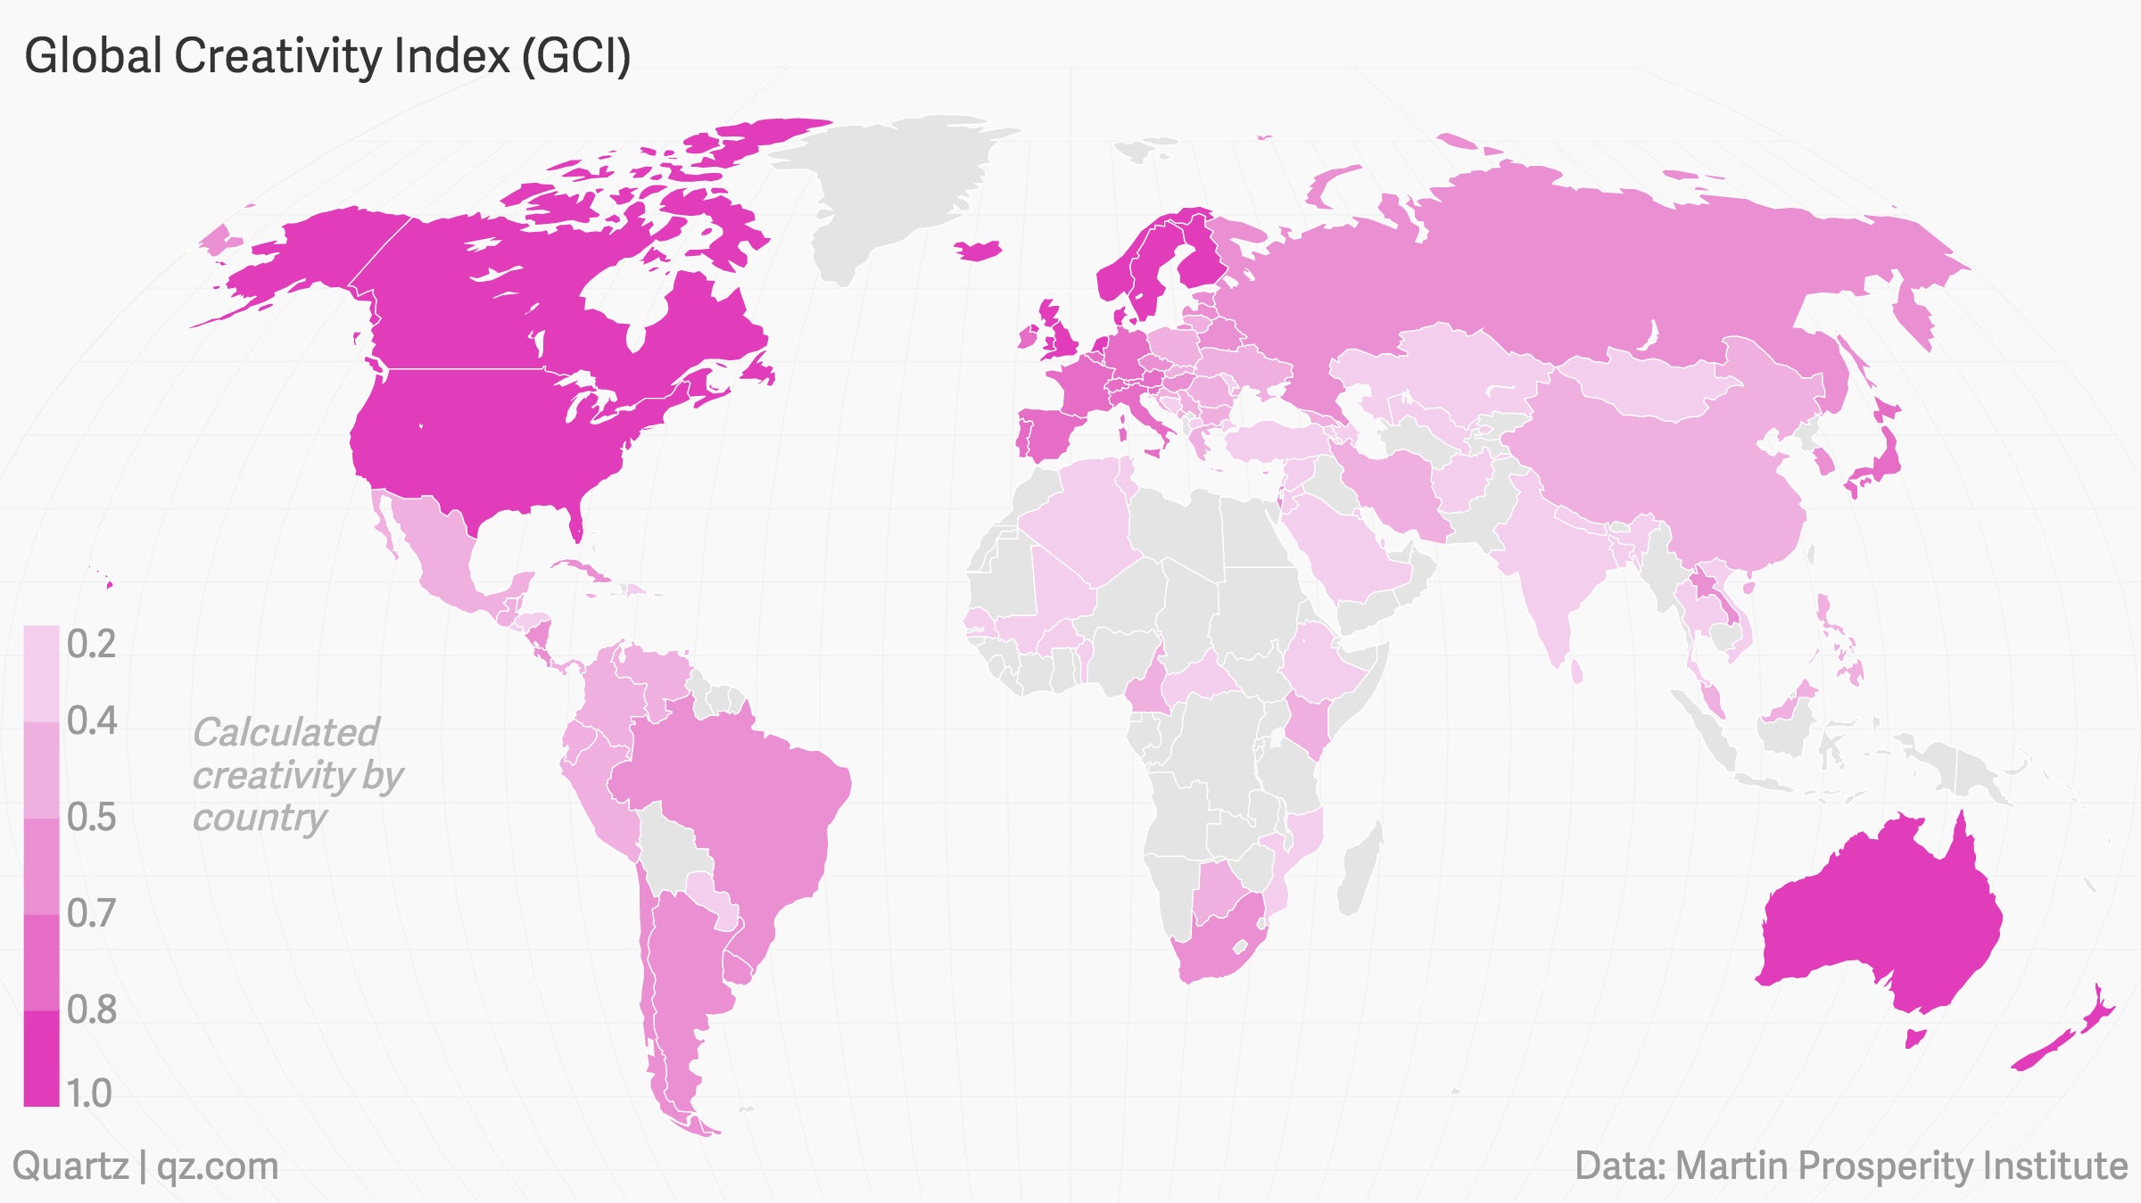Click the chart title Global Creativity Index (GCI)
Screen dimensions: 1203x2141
pyautogui.click(x=327, y=56)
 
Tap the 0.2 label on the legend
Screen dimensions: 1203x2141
pyautogui.click(x=91, y=644)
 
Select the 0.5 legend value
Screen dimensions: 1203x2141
pyautogui.click(x=91, y=817)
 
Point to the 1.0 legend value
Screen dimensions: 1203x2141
pyautogui.click(x=89, y=1093)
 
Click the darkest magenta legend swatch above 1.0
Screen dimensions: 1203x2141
pyautogui.click(x=41, y=1058)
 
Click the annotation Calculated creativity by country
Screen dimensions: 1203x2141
pyautogui.click(x=296, y=774)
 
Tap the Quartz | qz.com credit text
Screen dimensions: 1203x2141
pyautogui.click(x=145, y=1166)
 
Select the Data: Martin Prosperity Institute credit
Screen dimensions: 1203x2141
pyautogui.click(x=1851, y=1166)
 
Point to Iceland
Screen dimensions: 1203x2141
pyautogui.click(x=979, y=251)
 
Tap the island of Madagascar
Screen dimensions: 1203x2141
pyautogui.click(x=1360, y=869)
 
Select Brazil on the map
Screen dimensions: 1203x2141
pyautogui.click(x=740, y=803)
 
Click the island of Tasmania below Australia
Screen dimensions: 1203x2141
pyautogui.click(x=1914, y=1038)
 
